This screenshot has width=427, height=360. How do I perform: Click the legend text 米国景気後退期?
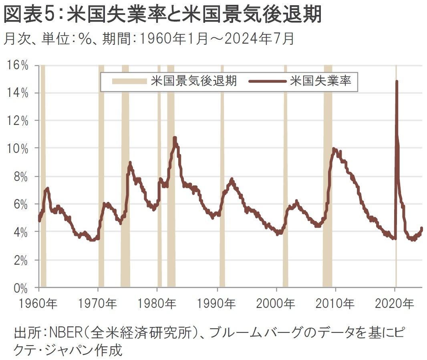(194, 81)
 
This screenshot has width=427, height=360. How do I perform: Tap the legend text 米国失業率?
(320, 81)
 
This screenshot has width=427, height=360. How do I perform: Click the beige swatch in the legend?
(129, 81)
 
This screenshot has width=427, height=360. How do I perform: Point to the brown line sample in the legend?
(267, 81)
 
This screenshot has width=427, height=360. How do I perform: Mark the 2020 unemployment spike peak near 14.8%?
(397, 82)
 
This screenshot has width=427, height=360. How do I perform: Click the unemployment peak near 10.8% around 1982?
(175, 138)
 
